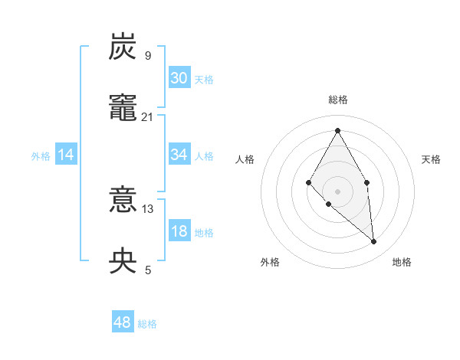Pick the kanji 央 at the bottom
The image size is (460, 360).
(x=123, y=261)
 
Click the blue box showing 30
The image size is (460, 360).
(x=179, y=78)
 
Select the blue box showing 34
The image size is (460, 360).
(x=179, y=155)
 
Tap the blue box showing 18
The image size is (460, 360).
(x=179, y=231)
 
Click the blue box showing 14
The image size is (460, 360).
(x=66, y=155)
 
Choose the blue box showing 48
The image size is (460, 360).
(x=123, y=322)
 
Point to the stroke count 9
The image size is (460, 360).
(x=148, y=55)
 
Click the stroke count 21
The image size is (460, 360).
(x=148, y=116)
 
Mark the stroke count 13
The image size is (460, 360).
(x=148, y=208)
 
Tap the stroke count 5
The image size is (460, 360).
(x=148, y=270)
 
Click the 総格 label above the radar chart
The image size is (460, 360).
(x=338, y=100)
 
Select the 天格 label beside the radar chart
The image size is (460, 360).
(x=431, y=159)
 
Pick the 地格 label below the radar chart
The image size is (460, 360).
(x=402, y=262)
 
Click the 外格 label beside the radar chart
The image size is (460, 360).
(x=270, y=262)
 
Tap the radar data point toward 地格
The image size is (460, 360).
(x=374, y=241)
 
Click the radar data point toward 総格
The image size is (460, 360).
(x=337, y=130)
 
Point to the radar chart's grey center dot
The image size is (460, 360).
(x=337, y=191)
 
